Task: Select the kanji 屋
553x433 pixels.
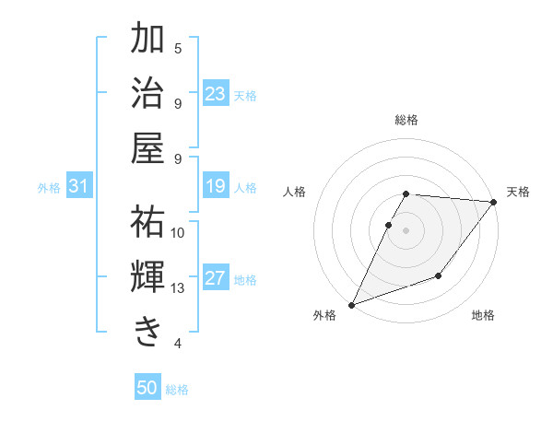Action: (x=147, y=147)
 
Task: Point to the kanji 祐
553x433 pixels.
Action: (x=147, y=221)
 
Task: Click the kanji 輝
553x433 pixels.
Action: (x=147, y=276)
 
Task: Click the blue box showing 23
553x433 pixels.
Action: (x=216, y=94)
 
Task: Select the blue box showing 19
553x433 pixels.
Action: (x=216, y=187)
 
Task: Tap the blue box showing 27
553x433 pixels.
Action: (x=216, y=279)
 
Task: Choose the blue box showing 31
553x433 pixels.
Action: (x=78, y=187)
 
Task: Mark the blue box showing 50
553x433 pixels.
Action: (x=147, y=388)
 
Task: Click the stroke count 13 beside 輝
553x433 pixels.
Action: (x=178, y=288)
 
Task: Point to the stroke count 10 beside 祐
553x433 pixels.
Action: (x=178, y=232)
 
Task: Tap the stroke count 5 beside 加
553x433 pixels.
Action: (x=178, y=48)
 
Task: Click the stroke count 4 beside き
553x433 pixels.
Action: (x=178, y=344)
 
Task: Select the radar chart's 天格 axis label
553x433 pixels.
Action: (x=518, y=192)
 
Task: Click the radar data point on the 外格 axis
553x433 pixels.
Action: (x=351, y=304)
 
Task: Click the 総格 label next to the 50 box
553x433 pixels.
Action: (x=177, y=390)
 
